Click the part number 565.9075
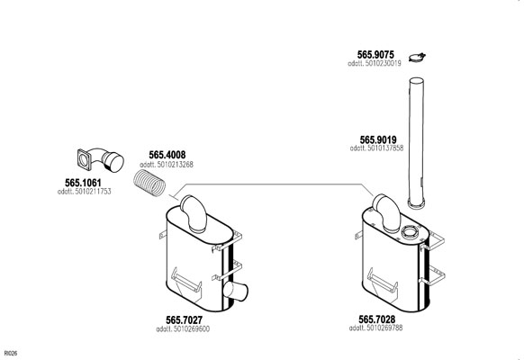click(375, 54)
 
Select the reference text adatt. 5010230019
click(375, 64)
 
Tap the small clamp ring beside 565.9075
click(417, 58)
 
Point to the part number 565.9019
click(378, 139)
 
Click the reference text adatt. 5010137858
click(376, 148)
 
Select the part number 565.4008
click(167, 155)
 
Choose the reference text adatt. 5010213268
click(167, 165)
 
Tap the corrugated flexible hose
click(149, 184)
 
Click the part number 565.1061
click(83, 183)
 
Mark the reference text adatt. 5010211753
click(85, 192)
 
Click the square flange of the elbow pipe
click(85, 160)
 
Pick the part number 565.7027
click(185, 319)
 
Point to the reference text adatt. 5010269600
click(183, 328)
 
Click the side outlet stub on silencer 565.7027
click(236, 292)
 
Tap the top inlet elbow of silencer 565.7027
click(194, 213)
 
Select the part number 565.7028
click(377, 319)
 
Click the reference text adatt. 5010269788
click(375, 328)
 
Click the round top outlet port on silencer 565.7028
click(409, 231)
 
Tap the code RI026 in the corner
click(11, 354)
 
